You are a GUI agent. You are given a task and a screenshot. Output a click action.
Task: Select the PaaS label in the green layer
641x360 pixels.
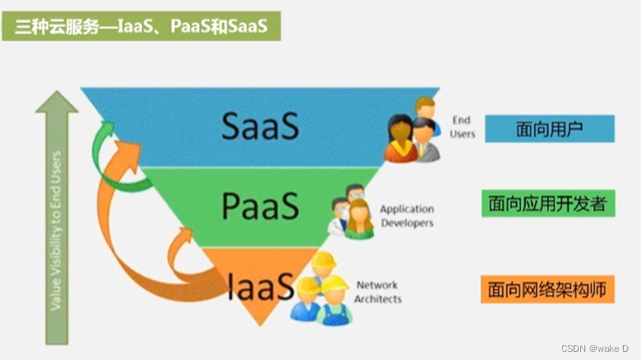coord(260,206)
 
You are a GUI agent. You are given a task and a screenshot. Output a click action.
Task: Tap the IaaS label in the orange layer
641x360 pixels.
coord(261,287)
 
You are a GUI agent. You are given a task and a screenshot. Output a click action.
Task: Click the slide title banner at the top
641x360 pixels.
coord(141,25)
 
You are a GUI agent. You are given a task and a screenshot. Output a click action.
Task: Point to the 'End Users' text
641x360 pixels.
coord(462,127)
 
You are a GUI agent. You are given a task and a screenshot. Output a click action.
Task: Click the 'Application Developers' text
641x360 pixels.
coord(406,216)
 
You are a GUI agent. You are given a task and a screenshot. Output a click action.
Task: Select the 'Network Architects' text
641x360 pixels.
coord(377,292)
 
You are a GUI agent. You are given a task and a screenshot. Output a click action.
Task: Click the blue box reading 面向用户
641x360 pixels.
coord(549,128)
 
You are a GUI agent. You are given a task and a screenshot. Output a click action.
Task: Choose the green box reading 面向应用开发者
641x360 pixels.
coord(548,203)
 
